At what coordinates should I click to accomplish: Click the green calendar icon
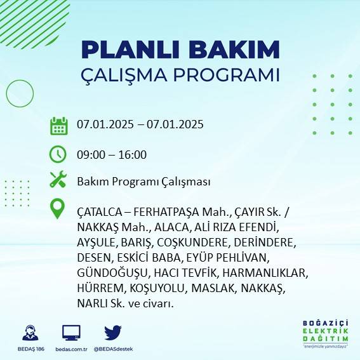pyautogui.click(x=58, y=125)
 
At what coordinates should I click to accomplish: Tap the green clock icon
pyautogui.click(x=58, y=154)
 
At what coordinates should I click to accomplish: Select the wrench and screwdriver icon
pyautogui.click(x=58, y=180)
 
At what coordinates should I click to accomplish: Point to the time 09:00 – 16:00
pyautogui.click(x=112, y=154)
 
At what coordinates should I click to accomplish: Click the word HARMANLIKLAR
pyautogui.click(x=267, y=273)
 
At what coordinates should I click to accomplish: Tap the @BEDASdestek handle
pyautogui.click(x=113, y=349)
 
